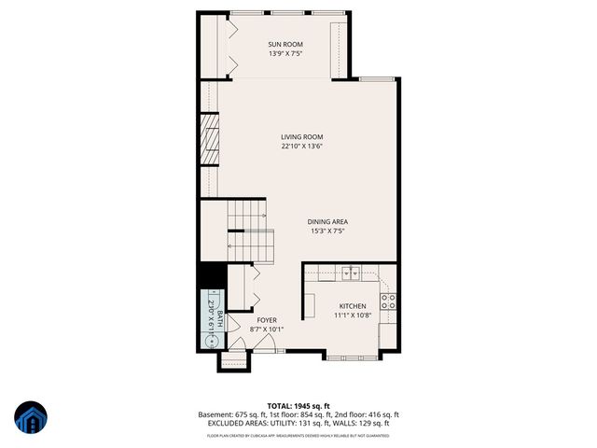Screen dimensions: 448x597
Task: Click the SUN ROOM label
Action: point(285,45)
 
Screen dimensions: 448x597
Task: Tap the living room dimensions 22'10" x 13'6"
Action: point(302,146)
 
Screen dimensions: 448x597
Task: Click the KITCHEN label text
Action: point(353,306)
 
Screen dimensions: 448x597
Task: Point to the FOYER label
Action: point(268,320)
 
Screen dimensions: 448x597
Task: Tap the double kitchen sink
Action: point(351,273)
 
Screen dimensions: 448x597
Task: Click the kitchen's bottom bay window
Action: point(352,356)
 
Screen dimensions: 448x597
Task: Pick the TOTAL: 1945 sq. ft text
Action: point(298,406)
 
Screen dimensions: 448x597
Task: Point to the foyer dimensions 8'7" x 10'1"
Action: point(268,329)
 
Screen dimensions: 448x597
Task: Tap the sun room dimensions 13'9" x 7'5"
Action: point(285,54)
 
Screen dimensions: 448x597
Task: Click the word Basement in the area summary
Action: point(215,414)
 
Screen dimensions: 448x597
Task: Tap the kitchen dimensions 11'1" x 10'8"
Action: point(353,315)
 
